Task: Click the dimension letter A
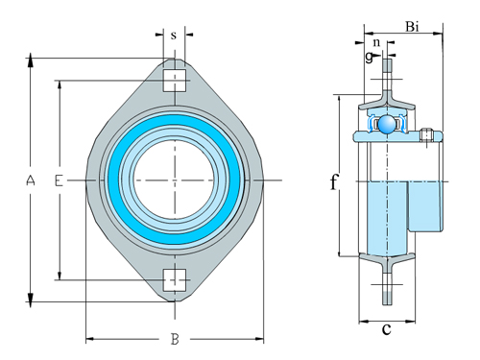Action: click(31, 180)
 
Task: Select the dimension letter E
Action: click(60, 180)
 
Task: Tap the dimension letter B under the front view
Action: click(175, 339)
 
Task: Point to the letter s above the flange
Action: click(174, 36)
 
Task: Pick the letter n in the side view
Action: click(376, 42)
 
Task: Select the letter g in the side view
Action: click(368, 58)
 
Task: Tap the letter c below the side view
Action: click(386, 330)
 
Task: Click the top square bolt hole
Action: click(174, 80)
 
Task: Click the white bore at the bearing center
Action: click(175, 180)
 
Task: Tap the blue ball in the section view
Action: click(387, 125)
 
